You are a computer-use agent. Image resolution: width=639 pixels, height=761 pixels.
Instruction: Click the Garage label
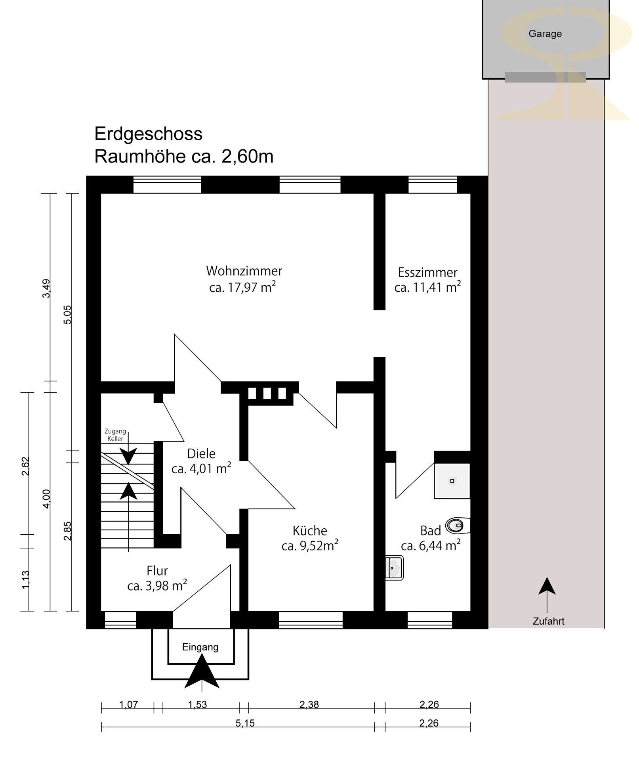coord(545,34)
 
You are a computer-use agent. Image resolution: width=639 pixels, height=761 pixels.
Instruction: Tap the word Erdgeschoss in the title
coord(148,134)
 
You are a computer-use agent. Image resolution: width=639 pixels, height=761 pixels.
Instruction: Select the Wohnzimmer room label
coord(244,271)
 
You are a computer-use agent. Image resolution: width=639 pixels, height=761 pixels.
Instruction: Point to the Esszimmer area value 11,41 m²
coord(428,287)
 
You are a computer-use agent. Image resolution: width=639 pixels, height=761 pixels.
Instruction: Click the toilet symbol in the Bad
coord(457,526)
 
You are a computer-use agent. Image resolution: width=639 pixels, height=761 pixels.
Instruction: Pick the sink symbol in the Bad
coord(394,568)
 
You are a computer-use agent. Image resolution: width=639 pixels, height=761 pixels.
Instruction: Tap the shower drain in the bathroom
coord(452,481)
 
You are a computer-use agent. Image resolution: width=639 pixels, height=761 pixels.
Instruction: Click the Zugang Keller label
coord(115,435)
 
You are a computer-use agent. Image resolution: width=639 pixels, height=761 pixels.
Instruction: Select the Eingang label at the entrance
coord(200,647)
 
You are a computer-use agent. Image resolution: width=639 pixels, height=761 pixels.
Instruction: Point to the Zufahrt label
coord(548,621)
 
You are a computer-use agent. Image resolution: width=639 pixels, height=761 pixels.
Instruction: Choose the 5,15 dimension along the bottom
coord(245,723)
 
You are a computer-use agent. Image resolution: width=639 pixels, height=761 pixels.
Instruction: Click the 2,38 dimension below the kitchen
coord(309,704)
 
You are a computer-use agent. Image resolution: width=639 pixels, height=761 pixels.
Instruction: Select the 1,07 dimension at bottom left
coord(129,704)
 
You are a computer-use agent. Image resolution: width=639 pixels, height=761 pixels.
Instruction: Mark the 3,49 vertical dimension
coord(46,288)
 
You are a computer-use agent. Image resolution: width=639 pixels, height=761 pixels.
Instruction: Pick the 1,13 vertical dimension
coord(25,579)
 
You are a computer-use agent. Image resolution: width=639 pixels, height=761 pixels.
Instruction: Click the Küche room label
coord(310,531)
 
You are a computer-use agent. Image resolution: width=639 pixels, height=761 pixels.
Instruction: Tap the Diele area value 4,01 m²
coord(201,468)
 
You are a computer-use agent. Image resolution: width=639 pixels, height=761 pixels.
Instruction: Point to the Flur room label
coord(157,571)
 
